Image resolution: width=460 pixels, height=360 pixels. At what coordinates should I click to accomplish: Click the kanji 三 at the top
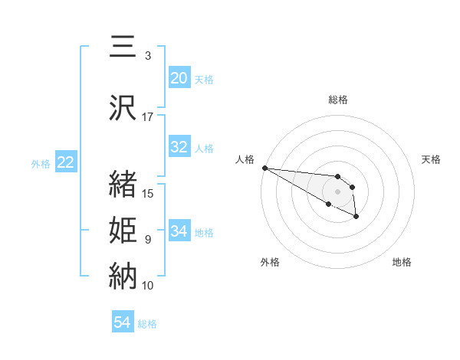click(123, 48)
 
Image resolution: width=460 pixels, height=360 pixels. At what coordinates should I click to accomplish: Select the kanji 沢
click(123, 106)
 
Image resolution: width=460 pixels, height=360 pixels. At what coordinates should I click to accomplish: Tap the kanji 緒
click(123, 184)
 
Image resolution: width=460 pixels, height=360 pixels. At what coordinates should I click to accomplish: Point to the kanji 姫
click(123, 229)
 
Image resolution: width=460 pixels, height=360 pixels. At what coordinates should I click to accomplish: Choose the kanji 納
click(123, 274)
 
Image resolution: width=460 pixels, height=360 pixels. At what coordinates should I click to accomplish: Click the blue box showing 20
click(179, 78)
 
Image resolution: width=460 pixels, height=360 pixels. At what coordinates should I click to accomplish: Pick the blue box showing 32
click(179, 148)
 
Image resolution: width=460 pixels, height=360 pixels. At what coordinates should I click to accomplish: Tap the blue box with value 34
click(179, 231)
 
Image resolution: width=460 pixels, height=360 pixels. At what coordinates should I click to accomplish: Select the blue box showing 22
click(65, 162)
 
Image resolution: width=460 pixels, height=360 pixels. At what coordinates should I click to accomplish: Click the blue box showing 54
click(123, 323)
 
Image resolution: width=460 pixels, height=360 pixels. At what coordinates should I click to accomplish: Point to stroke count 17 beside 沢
click(147, 117)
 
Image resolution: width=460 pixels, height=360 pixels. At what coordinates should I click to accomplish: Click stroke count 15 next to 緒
click(149, 194)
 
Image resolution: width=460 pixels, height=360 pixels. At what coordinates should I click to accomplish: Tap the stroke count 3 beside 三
click(147, 56)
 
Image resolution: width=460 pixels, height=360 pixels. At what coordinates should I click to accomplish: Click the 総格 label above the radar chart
click(338, 100)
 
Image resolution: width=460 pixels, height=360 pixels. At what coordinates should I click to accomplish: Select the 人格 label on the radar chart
click(245, 159)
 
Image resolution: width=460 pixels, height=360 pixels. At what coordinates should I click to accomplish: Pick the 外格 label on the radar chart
click(270, 262)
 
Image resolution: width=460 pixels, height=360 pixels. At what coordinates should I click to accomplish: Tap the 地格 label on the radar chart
click(402, 262)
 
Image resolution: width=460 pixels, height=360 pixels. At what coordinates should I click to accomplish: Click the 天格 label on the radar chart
click(431, 159)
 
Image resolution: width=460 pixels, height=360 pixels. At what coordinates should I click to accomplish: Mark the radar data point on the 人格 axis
click(264, 168)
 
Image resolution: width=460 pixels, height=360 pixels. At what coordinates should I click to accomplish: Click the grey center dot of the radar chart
click(337, 191)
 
